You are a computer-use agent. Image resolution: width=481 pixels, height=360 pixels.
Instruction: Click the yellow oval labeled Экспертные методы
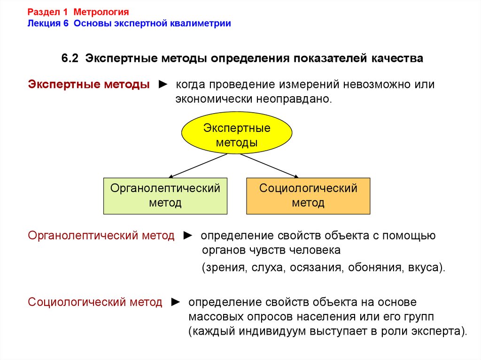tap(237, 132)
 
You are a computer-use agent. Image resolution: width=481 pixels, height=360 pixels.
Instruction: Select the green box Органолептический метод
tap(165, 196)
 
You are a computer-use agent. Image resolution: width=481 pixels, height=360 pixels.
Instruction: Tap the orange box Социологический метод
tap(308, 196)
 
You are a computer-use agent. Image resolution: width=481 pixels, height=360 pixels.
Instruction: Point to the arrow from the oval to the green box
tap(198, 166)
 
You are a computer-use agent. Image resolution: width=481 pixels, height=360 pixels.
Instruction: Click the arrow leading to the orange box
tap(269, 166)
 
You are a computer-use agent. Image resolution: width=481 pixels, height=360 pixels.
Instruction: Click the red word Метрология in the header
tap(101, 12)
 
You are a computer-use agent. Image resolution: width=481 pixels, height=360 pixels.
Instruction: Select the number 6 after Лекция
tap(66, 23)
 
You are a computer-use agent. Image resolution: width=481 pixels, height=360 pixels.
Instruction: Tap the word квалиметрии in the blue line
tap(201, 23)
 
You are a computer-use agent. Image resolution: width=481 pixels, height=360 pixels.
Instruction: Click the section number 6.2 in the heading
tap(70, 58)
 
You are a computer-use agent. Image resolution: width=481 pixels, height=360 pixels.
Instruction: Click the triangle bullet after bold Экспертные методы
tap(163, 84)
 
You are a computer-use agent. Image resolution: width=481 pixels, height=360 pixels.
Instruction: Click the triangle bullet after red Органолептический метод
tap(188, 236)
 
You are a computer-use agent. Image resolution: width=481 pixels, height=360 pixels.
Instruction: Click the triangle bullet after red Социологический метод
tap(176, 302)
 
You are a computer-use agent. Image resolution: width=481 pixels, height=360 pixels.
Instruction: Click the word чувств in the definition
tap(269, 250)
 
